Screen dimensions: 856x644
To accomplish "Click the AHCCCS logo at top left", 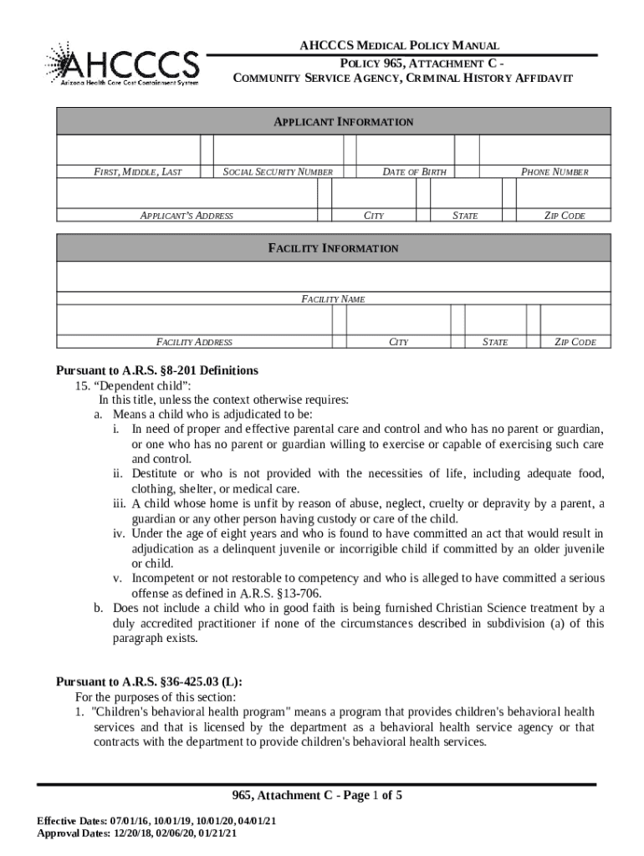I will pos(123,64).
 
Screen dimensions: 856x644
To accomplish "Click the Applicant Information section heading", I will pos(344,122).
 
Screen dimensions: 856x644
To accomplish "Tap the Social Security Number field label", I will pos(278,172).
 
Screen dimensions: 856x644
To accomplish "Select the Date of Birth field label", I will pos(414,172).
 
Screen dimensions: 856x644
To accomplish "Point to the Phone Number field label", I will pos(555,172).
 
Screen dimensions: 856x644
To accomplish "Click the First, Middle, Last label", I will pos(136,172).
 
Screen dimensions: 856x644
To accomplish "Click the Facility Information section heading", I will pos(333,248).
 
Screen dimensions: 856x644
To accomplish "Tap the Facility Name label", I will pos(333,298).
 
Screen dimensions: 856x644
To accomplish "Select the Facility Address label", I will pos(194,342).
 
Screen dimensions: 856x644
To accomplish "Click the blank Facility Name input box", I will pos(333,277).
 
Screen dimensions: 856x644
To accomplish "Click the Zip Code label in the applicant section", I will pos(565,216).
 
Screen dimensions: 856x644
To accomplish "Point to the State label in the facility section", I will pos(495,342).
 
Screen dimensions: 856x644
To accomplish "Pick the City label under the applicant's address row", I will pos(374,216).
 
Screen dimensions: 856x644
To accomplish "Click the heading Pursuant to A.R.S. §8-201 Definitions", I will pos(157,370).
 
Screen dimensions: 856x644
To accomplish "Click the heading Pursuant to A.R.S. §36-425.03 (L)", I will pos(149,681).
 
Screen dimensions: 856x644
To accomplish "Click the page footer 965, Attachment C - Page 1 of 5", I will pos(317,796).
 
